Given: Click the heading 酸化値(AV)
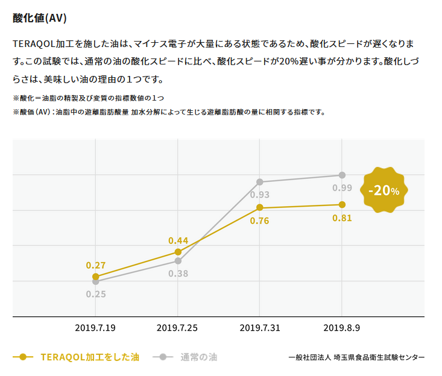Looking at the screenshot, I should [x=39, y=18].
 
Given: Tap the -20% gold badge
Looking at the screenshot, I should [x=384, y=190].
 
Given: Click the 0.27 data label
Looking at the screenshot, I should [x=96, y=265].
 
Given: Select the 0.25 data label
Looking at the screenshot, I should [x=96, y=294].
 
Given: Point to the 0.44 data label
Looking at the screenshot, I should [x=178, y=240].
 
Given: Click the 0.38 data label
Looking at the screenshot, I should [x=178, y=274].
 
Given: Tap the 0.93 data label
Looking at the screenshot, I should [x=260, y=195].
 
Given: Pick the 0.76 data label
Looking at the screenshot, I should [x=260, y=221].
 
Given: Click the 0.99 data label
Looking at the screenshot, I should [x=342, y=188].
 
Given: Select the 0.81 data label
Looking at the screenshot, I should [x=342, y=218].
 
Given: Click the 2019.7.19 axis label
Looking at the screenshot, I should [x=95, y=328].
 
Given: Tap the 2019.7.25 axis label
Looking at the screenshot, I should [x=177, y=328].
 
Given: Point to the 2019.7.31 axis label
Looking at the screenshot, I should [x=260, y=328].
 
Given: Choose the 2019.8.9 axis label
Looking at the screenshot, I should [x=342, y=328].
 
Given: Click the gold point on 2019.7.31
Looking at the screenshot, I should [x=260, y=207].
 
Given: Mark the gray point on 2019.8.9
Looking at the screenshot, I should [x=342, y=175].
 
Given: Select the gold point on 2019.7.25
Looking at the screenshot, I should [x=178, y=252].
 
